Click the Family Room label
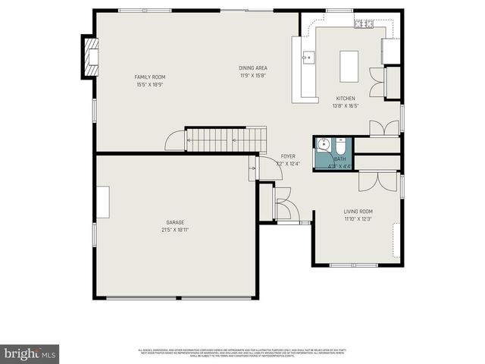[149, 77]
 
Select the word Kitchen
[346, 99]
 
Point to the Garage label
[175, 222]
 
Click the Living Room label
[358, 212]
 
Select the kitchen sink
[308, 57]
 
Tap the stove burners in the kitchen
[364, 25]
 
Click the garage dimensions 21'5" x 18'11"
[175, 229]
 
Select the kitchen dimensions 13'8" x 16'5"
[346, 105]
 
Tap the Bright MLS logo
[30, 353]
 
